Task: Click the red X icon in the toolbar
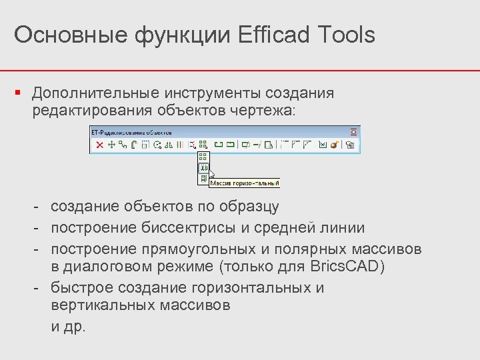[x=100, y=145]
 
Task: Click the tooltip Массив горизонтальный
[x=245, y=182]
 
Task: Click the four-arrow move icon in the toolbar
[x=111, y=145]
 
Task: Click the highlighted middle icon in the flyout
[x=203, y=168]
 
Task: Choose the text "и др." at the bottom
[x=69, y=327]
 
